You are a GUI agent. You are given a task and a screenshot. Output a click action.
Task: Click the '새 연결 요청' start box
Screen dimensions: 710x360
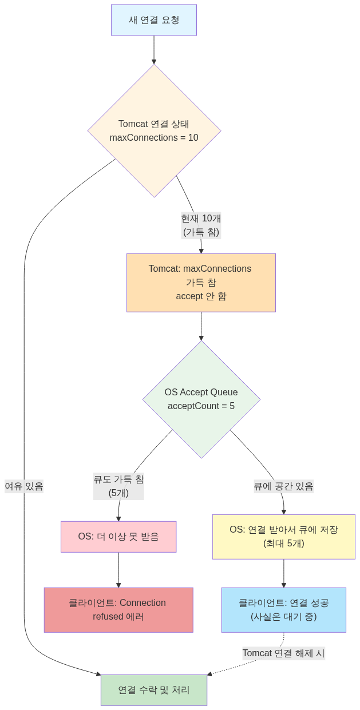[x=153, y=20]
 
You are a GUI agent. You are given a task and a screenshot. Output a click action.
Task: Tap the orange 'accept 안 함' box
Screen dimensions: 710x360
[x=201, y=283]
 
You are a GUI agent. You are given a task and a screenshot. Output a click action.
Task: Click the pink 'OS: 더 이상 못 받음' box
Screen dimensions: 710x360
[x=118, y=537]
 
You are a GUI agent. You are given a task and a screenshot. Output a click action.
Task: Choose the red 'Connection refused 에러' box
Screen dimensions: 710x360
[x=118, y=610]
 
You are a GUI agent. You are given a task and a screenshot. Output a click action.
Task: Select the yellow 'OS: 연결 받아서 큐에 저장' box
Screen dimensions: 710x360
[x=284, y=537]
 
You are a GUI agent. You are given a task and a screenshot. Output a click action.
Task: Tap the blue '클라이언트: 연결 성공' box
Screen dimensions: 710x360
[x=284, y=610]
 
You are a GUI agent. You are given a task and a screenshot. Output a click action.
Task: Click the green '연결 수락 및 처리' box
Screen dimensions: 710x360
[x=154, y=690]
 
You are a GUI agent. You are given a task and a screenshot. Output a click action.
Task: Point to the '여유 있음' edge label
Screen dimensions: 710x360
[x=24, y=486]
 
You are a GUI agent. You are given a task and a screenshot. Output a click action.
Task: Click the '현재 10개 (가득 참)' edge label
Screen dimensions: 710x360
[x=201, y=225]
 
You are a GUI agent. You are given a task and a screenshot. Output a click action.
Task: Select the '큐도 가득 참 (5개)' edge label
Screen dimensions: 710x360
[x=118, y=486]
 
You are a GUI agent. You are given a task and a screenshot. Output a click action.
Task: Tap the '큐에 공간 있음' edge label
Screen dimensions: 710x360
[x=284, y=486]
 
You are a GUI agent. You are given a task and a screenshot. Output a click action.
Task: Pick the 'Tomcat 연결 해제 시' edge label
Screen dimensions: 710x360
[x=284, y=653]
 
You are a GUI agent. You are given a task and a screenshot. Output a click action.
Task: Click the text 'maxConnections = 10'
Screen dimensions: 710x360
[x=154, y=138]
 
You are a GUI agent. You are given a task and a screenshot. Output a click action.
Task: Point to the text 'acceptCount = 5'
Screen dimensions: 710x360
[x=201, y=406]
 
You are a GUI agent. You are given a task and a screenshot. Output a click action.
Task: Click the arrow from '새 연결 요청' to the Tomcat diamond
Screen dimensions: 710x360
[x=154, y=50]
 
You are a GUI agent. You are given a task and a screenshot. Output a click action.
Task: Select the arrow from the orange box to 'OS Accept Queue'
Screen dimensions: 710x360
[x=201, y=326]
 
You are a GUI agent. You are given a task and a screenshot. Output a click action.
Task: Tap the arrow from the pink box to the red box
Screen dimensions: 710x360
[x=118, y=570]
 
